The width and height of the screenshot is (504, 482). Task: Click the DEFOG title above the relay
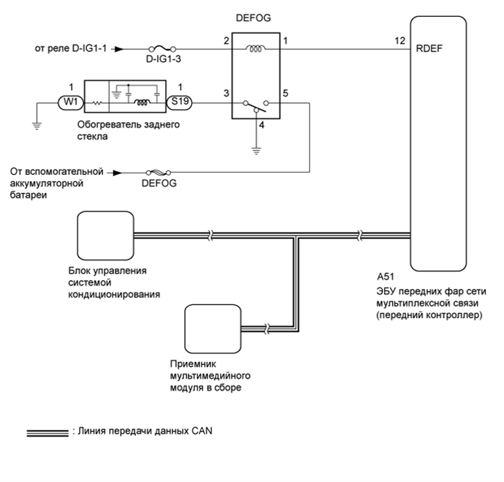tap(253, 18)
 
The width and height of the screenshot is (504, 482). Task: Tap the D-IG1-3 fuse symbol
tap(162, 49)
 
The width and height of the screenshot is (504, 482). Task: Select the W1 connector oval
tap(71, 102)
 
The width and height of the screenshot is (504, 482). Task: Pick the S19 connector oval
tap(179, 102)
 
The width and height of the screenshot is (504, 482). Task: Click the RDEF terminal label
tap(429, 48)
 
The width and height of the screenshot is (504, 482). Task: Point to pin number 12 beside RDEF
tap(400, 41)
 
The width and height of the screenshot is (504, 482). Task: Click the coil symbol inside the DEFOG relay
tap(256, 49)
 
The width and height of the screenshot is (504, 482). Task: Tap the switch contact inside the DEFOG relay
tap(256, 106)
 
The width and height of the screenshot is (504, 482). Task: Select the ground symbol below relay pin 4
tap(256, 151)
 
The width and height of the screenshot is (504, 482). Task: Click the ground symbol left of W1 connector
tap(37, 126)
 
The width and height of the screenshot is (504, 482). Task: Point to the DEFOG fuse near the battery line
tap(159, 173)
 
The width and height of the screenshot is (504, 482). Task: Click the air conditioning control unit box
tap(105, 236)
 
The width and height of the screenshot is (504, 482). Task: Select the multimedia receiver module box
tap(213, 328)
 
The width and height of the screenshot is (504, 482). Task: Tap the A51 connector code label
tap(385, 276)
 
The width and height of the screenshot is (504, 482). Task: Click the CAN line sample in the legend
tap(48, 433)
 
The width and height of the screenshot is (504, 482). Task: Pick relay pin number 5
tap(285, 93)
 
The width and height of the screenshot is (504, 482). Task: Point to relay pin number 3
tap(226, 93)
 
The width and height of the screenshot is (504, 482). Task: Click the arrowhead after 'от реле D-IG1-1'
tap(119, 49)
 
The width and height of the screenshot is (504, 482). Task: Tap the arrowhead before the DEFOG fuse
tap(118, 173)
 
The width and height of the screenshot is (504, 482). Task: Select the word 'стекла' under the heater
tap(92, 137)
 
